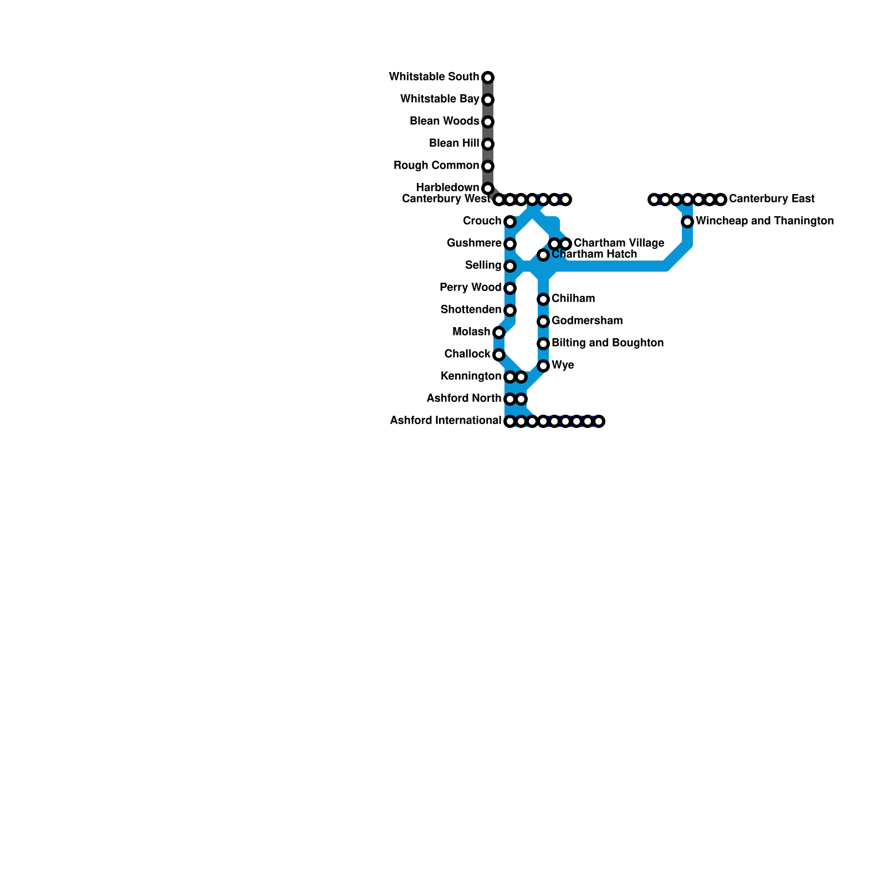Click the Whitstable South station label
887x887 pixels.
434,77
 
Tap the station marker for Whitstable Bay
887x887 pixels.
488,100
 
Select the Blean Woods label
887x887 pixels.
444,121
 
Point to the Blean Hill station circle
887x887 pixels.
488,144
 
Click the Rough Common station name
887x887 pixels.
436,165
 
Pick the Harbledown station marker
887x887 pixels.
488,188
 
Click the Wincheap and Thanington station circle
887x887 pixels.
687,222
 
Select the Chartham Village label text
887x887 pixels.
619,243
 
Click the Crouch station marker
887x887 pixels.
510,222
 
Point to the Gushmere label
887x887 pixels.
474,243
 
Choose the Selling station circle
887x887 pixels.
510,266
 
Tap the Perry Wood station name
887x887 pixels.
470,287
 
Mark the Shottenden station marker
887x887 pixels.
510,310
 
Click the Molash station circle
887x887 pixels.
499,333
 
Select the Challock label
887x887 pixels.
467,354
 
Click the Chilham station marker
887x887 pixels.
543,299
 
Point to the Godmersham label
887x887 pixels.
587,320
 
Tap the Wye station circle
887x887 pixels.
543,366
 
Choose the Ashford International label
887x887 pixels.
445,420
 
